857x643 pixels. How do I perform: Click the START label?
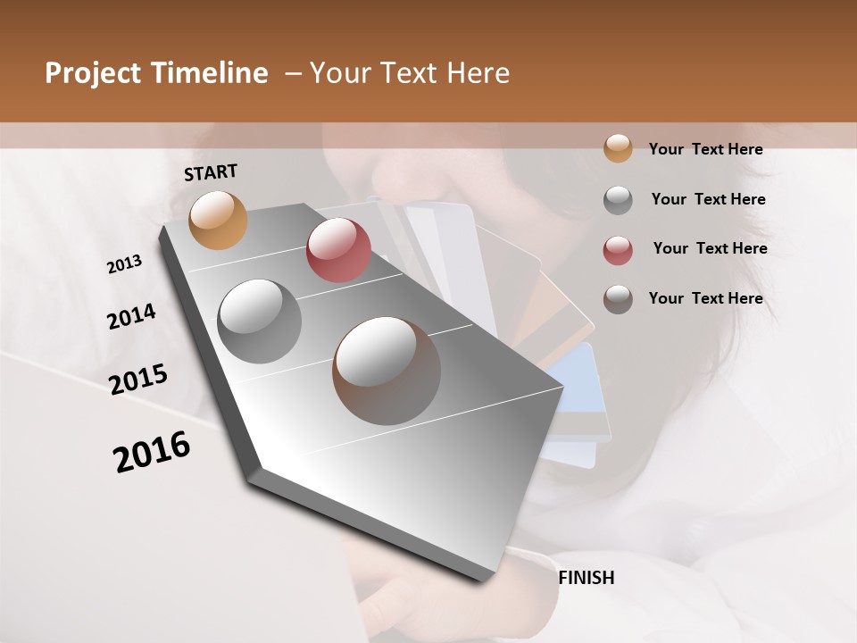coord(211,172)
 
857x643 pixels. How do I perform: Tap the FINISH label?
coord(586,578)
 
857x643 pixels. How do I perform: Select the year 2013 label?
coord(124,264)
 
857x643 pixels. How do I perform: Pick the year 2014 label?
coord(131,317)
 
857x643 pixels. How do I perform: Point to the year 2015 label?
coord(138,379)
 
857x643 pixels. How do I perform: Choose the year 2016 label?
coord(152,452)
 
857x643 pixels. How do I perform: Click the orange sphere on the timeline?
coord(219,220)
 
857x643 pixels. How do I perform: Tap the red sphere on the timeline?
coord(338,250)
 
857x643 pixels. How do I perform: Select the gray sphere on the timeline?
coord(260,321)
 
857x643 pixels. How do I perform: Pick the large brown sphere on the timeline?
coord(387,371)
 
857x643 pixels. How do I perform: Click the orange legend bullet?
coord(618,148)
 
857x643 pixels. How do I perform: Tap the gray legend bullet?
coord(618,200)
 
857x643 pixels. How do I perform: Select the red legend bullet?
coord(618,249)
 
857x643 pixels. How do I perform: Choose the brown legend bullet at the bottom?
coord(618,299)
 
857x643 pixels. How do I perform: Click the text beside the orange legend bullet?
coord(705,149)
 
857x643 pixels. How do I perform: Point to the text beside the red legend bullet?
coord(710,248)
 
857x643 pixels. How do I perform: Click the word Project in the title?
coord(93,73)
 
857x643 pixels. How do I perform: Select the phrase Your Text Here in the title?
coord(409,73)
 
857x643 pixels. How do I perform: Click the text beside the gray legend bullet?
coord(708,199)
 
